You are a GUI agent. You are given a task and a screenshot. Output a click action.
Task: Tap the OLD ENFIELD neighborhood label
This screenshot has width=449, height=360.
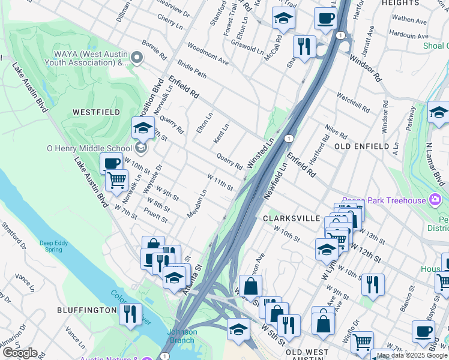click(358, 146)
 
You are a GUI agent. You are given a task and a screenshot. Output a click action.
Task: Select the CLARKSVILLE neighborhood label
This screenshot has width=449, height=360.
click(291, 218)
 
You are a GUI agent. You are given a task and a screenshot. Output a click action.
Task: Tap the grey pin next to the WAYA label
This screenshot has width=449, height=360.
click(137, 58)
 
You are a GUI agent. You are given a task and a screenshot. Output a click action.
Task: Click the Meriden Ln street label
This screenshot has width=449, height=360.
click(196, 204)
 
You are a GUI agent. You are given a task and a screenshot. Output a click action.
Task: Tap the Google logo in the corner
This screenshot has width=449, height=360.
click(20, 353)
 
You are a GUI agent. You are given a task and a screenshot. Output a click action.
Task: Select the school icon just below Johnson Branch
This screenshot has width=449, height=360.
click(238, 329)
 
